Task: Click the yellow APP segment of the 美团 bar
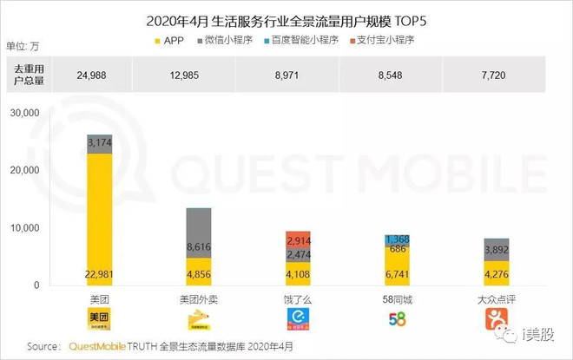pos(100,217)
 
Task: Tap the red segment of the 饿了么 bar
pos(298,239)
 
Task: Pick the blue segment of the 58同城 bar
pos(397,239)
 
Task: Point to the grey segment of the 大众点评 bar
pos(496,249)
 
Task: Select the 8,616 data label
pos(199,247)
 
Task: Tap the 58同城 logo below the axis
pos(397,318)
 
